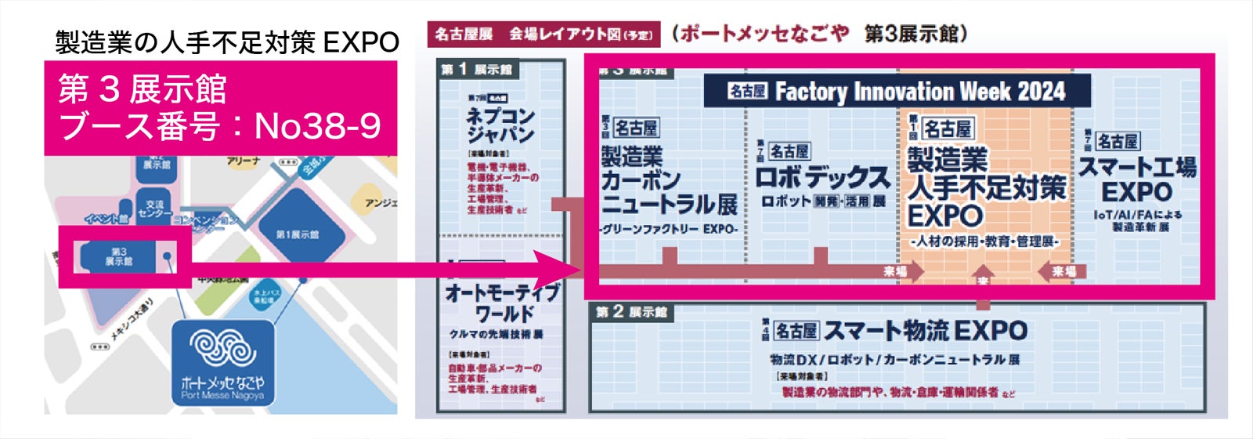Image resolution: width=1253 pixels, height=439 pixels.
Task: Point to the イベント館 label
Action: (107, 219)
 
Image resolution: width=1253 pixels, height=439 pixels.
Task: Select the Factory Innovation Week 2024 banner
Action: (897, 91)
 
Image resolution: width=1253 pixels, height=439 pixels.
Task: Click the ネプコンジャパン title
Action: (500, 125)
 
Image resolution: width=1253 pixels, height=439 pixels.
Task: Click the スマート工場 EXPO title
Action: (1136, 180)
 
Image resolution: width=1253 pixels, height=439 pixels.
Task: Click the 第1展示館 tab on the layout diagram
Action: (477, 70)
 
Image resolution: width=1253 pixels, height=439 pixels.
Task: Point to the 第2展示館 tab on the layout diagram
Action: (631, 312)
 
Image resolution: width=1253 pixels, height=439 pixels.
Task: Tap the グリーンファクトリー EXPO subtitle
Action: (669, 230)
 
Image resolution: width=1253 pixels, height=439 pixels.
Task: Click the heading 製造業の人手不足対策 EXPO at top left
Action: (227, 42)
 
